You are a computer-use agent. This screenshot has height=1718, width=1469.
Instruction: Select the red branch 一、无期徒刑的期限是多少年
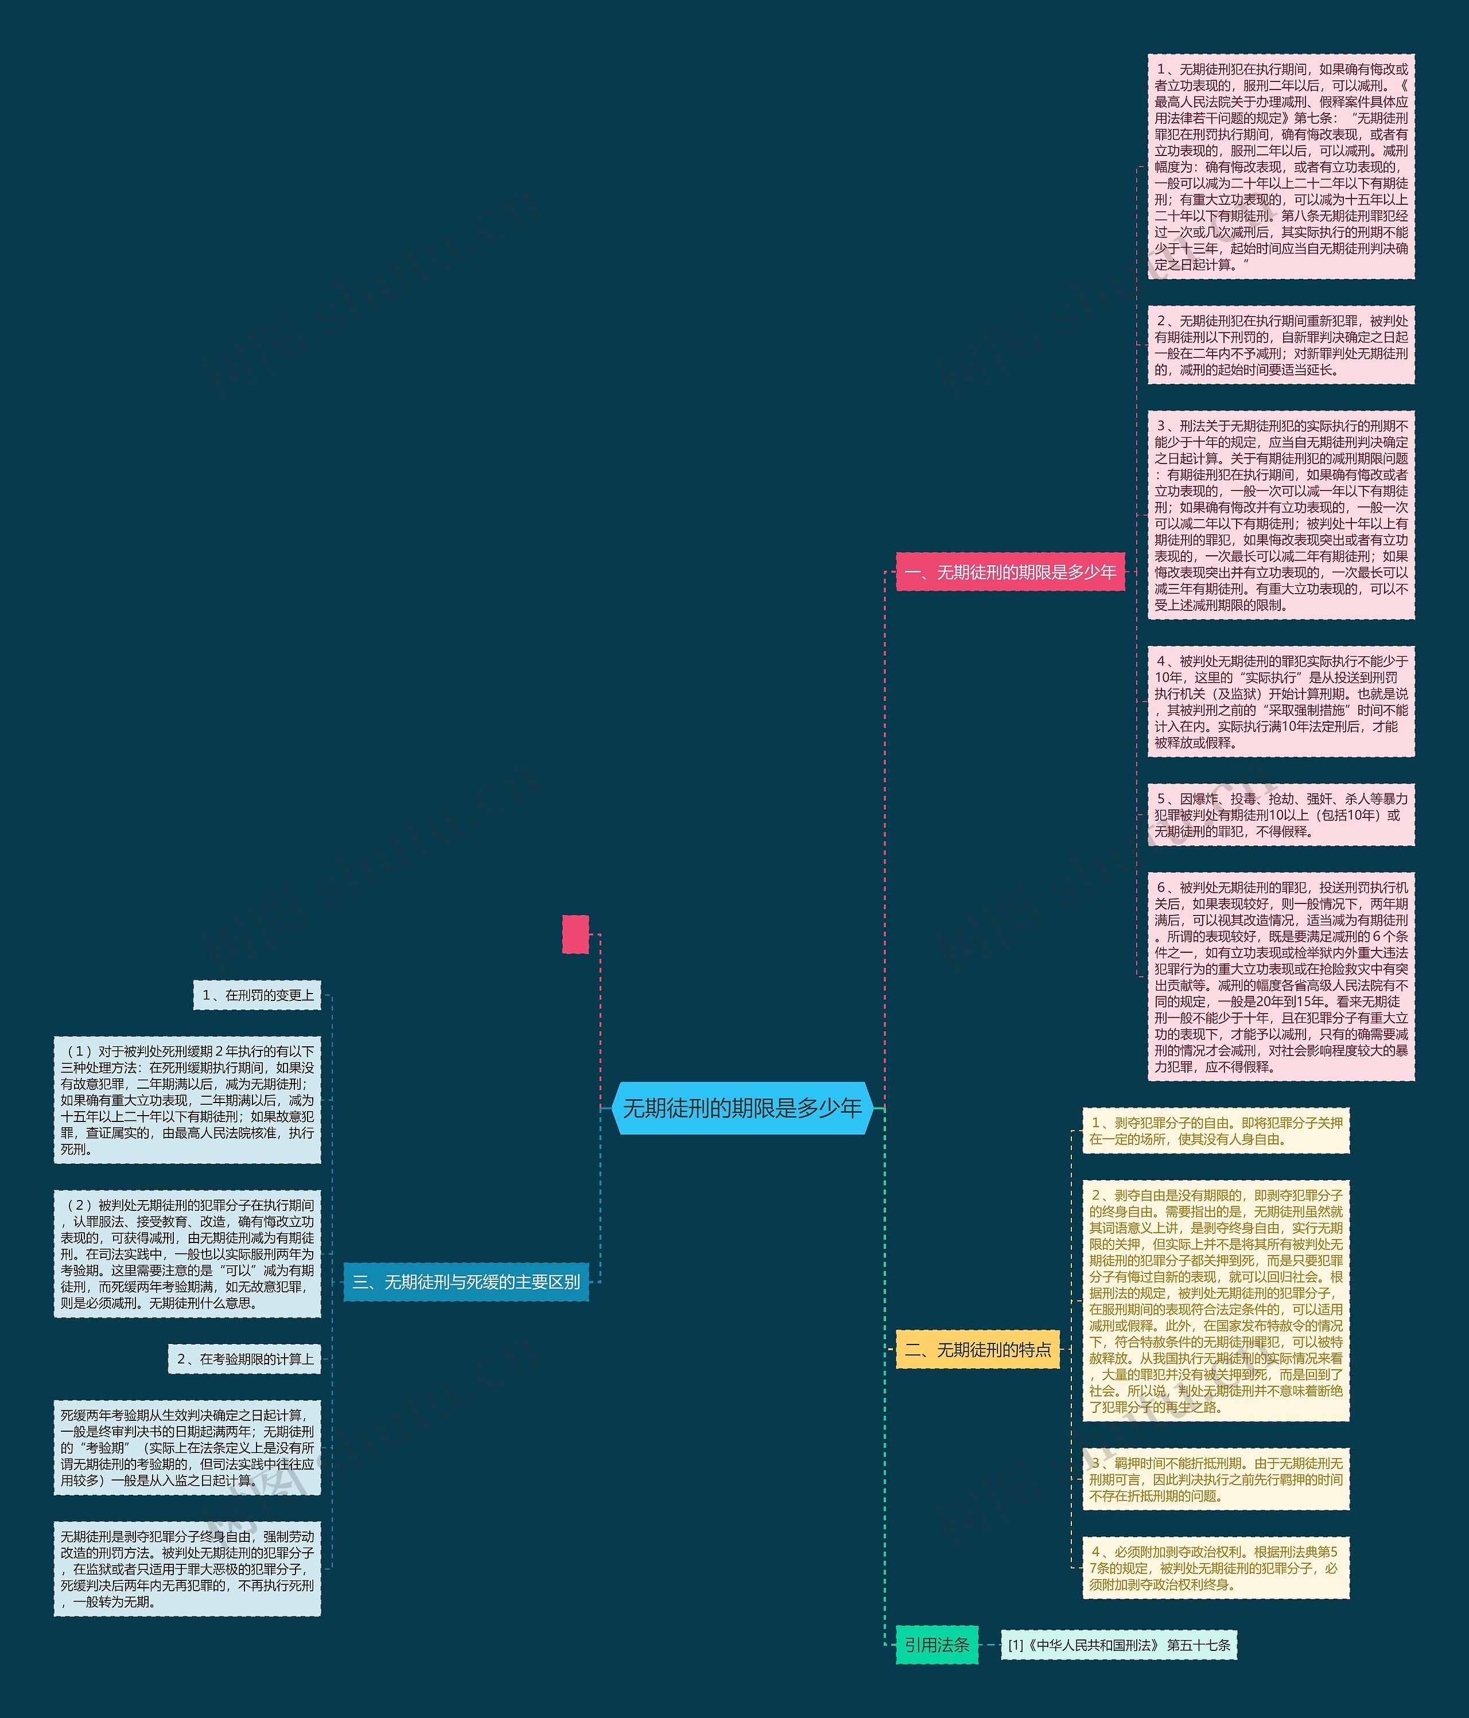1011,572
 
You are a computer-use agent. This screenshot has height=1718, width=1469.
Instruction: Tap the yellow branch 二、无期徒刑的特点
978,1350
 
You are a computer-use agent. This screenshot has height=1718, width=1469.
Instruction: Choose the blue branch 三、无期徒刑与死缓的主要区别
466,1282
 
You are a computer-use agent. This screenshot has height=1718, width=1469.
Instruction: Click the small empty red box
576,934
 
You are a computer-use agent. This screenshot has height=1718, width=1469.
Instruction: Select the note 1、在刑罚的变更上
257,995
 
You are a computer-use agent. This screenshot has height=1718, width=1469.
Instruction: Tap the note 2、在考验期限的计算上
244,1359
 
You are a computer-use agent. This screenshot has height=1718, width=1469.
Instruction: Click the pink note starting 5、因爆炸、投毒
1281,814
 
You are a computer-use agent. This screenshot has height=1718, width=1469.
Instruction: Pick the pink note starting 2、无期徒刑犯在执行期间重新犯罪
1281,345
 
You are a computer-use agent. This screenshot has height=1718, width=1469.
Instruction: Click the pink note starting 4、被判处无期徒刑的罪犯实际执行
1281,702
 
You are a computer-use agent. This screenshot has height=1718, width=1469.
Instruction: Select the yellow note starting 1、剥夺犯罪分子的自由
1215,1130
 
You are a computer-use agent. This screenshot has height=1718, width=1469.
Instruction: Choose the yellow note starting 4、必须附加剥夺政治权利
1215,1568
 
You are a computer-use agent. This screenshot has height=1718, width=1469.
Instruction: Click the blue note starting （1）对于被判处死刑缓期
188,1100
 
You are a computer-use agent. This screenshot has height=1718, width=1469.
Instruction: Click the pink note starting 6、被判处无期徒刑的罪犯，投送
1281,976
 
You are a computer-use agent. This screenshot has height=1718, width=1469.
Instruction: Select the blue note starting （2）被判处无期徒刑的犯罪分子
188,1254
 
